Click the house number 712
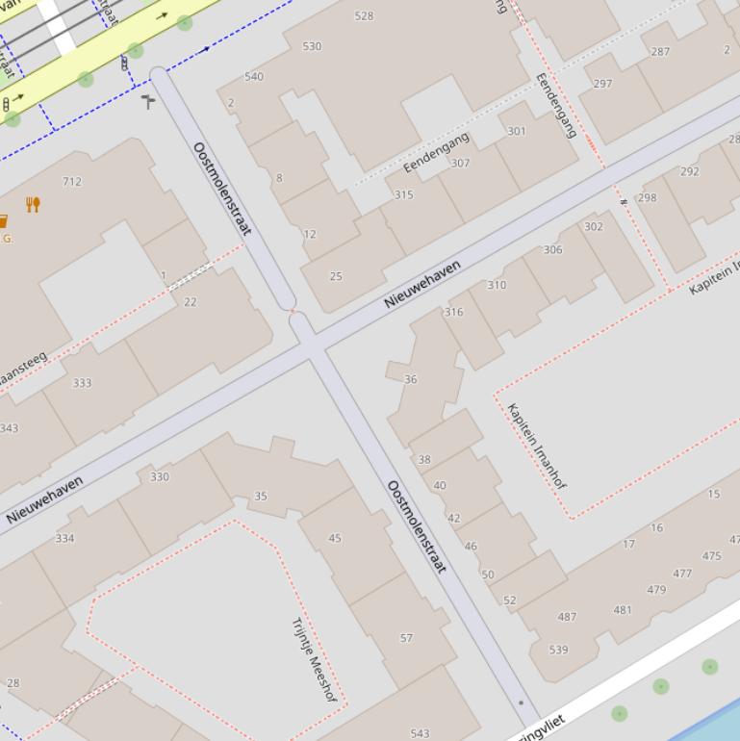[x=72, y=181]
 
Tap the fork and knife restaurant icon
[x=33, y=204]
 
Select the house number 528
[x=364, y=15]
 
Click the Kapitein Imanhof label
[x=536, y=446]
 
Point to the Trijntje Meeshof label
[x=314, y=658]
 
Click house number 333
[x=82, y=383]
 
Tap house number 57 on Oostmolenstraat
[x=406, y=638]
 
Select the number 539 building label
[x=558, y=650]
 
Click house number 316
[x=453, y=312]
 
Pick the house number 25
[x=336, y=276]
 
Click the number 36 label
[x=411, y=379]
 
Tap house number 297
[x=602, y=84]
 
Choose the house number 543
[x=420, y=733]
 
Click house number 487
[x=567, y=617]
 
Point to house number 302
[x=594, y=227]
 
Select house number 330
[x=160, y=476]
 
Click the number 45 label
[x=335, y=538]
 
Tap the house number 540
[x=254, y=77]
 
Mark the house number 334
[x=64, y=538]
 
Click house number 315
[x=403, y=195]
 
